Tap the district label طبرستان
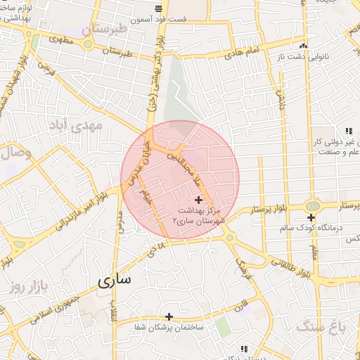coord(112,30)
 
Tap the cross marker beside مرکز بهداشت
coord(198,200)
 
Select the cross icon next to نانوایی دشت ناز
coord(304,39)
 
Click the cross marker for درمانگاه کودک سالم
coord(311,217)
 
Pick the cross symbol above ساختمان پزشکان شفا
coord(169,316)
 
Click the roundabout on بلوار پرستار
coord(313,206)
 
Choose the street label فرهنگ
coord(240,266)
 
